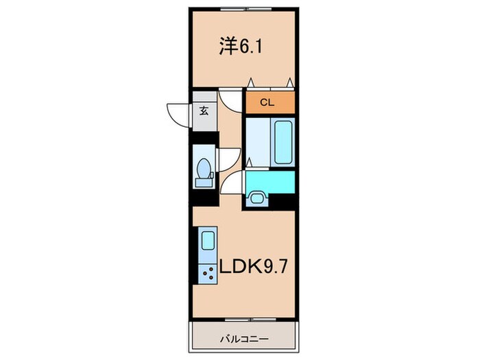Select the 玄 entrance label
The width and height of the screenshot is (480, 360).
(x=204, y=110)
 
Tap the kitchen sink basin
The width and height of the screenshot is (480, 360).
(x=206, y=241)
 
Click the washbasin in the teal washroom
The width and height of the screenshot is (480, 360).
(x=257, y=198)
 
